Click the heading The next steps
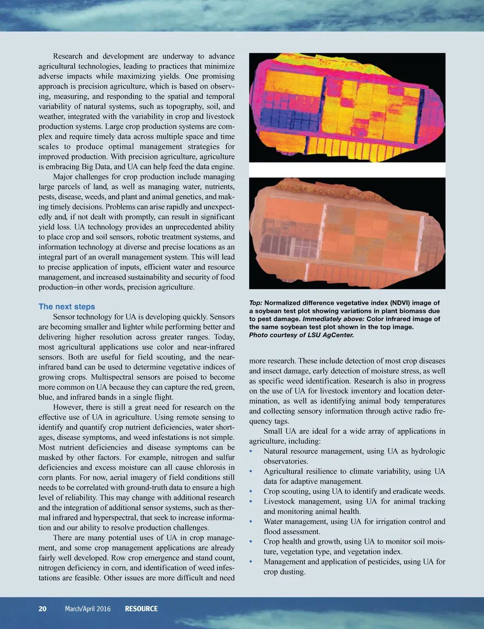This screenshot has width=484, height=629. pyautogui.click(x=67, y=306)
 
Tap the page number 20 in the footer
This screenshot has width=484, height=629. pyautogui.click(x=43, y=609)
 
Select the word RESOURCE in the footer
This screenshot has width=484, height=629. pyautogui.click(x=141, y=609)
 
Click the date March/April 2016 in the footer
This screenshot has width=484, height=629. pyautogui.click(x=87, y=609)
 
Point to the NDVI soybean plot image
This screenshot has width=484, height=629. pyautogui.click(x=347, y=107)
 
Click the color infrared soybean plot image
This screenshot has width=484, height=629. pyautogui.click(x=347, y=233)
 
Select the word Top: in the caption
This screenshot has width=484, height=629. pyautogui.click(x=256, y=303)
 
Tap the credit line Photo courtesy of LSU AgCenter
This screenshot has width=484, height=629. pyautogui.click(x=301, y=335)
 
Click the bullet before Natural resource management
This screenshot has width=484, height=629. pyautogui.click(x=251, y=452)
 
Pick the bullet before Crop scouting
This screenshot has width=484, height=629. pyautogui.click(x=251, y=492)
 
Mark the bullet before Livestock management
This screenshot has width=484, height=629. pyautogui.click(x=251, y=502)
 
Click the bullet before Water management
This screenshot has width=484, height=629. pyautogui.click(x=251, y=522)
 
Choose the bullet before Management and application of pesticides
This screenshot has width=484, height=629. pyautogui.click(x=251, y=562)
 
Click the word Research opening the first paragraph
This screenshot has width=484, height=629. pyautogui.click(x=68, y=56)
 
